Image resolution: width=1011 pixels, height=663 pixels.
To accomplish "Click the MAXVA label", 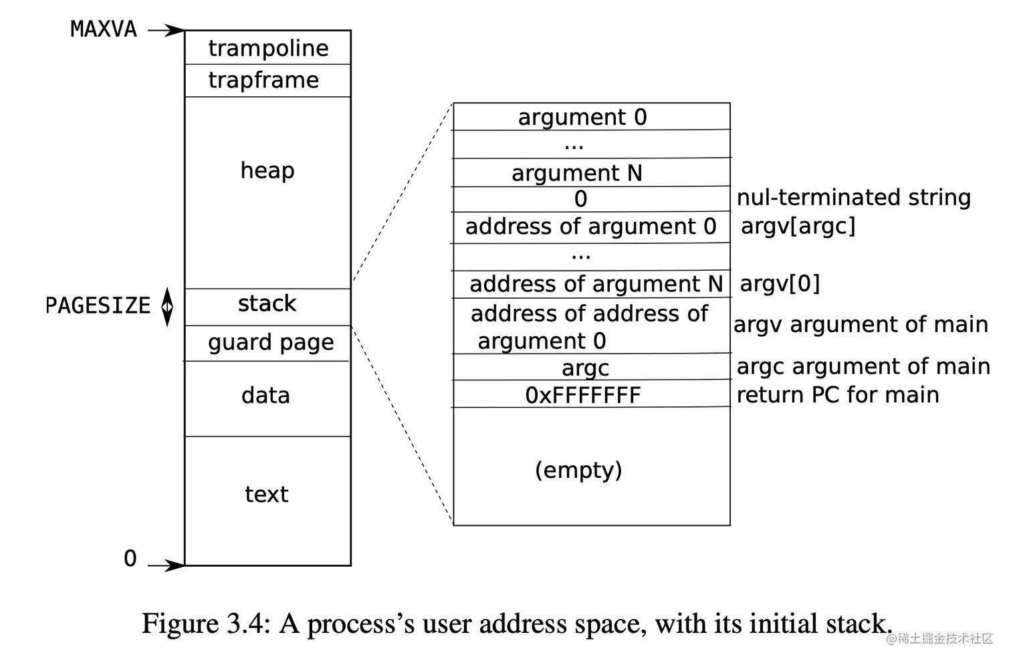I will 103,29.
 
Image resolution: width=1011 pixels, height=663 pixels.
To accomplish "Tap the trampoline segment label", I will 268,48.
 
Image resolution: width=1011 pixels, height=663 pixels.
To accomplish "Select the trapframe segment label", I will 263,80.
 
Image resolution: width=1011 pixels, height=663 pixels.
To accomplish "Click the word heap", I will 267,170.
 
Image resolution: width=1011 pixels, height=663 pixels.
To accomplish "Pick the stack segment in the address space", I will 267,304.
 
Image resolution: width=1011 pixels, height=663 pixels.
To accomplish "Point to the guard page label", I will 270,342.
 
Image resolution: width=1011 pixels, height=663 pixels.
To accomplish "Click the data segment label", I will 265,396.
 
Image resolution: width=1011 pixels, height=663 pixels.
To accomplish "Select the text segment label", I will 266,495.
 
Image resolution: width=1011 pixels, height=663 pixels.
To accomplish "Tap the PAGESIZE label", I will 98,305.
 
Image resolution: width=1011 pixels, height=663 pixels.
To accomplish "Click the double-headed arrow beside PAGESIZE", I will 167,307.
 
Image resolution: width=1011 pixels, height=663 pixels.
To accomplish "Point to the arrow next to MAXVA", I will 166,30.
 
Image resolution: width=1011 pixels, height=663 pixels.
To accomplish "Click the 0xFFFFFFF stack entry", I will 582,395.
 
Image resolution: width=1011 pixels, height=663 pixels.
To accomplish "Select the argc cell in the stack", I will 585,368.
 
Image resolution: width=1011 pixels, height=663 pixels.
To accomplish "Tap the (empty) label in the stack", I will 578,470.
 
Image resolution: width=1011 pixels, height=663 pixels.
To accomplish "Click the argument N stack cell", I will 576,173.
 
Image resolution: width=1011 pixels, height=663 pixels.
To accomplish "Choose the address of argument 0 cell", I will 590,227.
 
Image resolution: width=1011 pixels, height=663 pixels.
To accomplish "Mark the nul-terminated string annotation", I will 853,197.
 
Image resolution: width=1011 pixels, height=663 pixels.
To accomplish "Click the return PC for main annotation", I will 837,395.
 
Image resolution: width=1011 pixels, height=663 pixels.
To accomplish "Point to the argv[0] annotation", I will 780,284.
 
